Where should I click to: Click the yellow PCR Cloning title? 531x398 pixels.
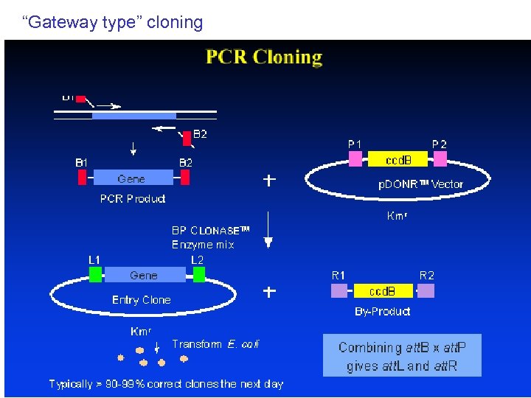(264, 57)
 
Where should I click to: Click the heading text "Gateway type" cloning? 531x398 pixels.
(113, 22)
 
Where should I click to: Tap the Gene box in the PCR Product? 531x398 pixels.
(131, 178)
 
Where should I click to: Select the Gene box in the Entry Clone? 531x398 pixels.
(144, 275)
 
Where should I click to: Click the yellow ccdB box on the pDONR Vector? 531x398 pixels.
(398, 159)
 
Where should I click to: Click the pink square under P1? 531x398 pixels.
(355, 159)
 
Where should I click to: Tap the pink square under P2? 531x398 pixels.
(440, 159)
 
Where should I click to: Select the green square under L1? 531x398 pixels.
(95, 274)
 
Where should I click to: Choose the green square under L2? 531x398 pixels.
(198, 274)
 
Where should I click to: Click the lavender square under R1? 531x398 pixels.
(339, 291)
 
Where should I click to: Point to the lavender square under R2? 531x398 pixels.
(426, 291)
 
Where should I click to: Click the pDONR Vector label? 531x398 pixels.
(421, 184)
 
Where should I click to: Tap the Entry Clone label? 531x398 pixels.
(141, 300)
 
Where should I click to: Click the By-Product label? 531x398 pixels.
(382, 312)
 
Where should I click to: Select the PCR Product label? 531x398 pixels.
(133, 199)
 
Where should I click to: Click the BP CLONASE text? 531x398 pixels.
(210, 231)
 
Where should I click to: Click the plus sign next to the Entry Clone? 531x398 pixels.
(270, 292)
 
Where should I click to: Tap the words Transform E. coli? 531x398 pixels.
(215, 344)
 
